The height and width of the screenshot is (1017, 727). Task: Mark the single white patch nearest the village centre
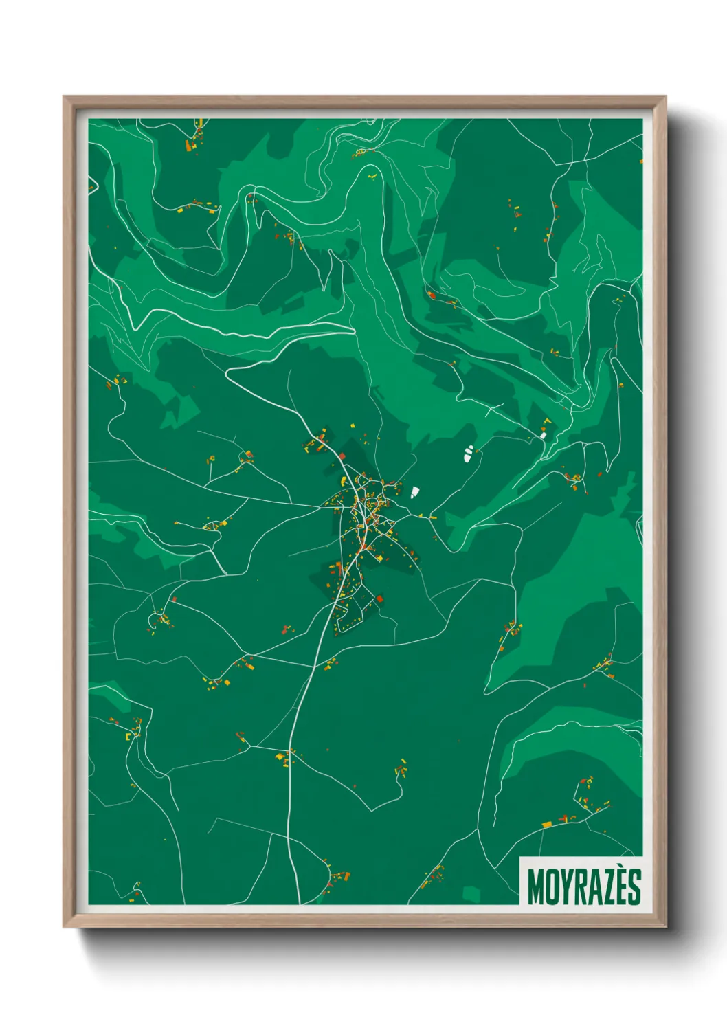pyautogui.click(x=414, y=492)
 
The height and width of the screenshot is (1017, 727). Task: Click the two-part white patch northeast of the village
pyautogui.click(x=469, y=452)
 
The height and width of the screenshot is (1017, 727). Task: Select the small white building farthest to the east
pyautogui.click(x=543, y=434)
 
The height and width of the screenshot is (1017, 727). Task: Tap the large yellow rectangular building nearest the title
pyautogui.click(x=547, y=823)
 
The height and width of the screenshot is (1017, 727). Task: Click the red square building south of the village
pyautogui.click(x=379, y=599)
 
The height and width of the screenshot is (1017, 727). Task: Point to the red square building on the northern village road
pyautogui.click(x=342, y=456)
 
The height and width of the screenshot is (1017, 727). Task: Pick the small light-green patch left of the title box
pyautogui.click(x=471, y=893)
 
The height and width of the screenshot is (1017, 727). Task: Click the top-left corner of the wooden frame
pyautogui.click(x=64, y=97)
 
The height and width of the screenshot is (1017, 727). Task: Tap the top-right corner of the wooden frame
pyautogui.click(x=665, y=97)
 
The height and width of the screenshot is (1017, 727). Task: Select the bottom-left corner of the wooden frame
pyautogui.click(x=64, y=926)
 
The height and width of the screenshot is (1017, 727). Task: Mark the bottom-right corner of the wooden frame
pyautogui.click(x=665, y=926)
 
